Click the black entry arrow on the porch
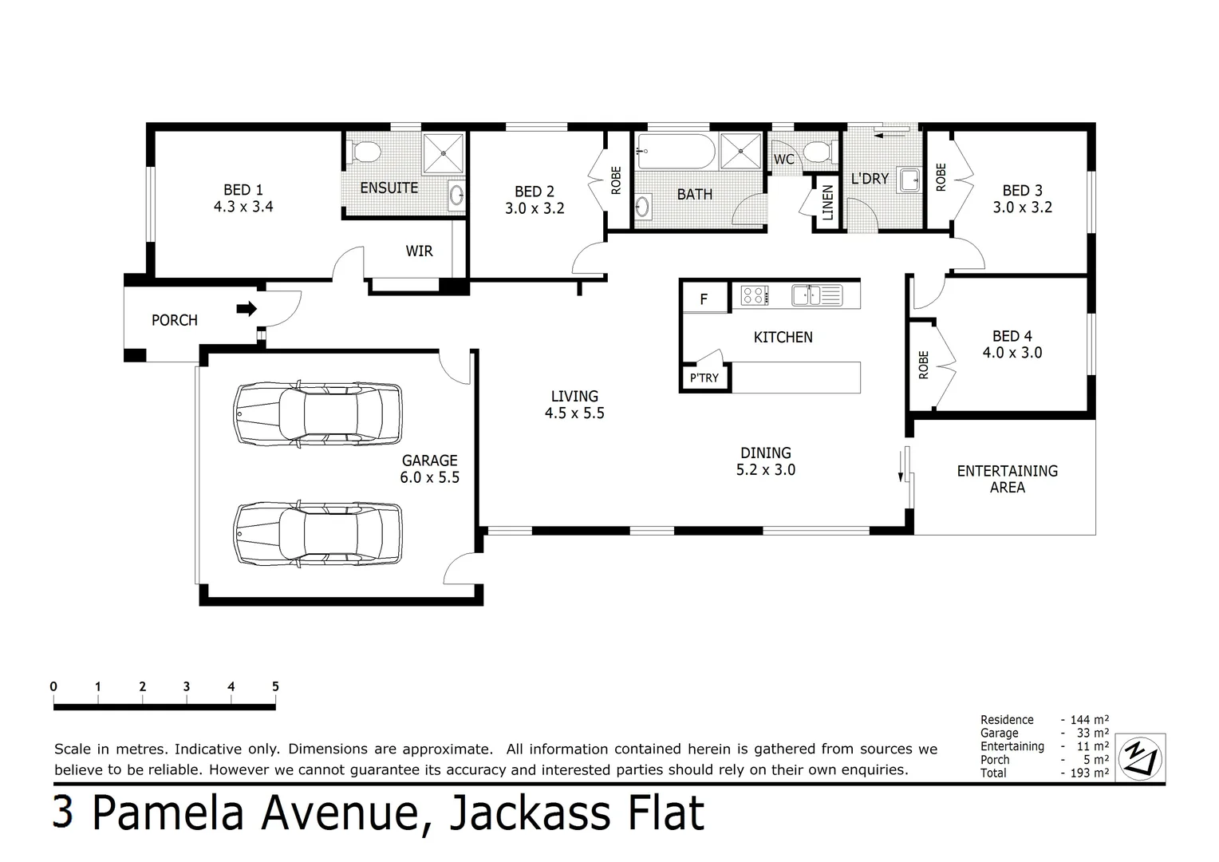(x=247, y=310)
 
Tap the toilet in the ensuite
(x=365, y=152)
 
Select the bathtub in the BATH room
(x=676, y=152)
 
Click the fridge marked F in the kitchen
(x=705, y=298)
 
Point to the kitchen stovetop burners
(x=754, y=295)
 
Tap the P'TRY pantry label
(x=704, y=378)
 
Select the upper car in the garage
(x=318, y=414)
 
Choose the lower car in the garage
(x=318, y=534)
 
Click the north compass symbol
(x=1140, y=758)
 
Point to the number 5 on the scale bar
(x=275, y=686)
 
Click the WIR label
(x=419, y=251)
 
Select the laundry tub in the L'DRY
(x=909, y=180)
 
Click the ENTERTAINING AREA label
(x=1008, y=479)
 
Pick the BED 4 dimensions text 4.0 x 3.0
(x=1012, y=353)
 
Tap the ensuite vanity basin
(x=456, y=195)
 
